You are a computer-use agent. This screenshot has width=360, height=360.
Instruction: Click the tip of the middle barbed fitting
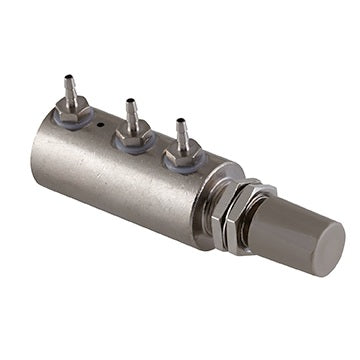(x=130, y=100)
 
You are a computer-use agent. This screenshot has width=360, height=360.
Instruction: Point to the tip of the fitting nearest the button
(x=181, y=123)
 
